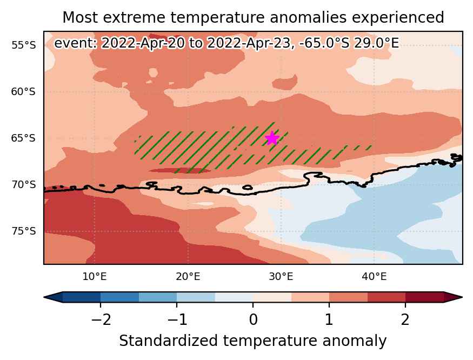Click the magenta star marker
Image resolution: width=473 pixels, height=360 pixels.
272,138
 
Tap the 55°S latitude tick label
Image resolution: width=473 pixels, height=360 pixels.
24,45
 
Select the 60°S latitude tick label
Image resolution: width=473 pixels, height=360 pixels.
24,91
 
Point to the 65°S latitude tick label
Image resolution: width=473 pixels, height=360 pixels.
24,138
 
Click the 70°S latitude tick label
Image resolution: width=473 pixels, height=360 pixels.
24,184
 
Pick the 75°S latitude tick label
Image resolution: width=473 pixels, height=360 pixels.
24,231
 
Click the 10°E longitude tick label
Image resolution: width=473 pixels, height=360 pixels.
95,276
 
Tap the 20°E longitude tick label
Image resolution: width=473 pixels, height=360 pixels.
188,276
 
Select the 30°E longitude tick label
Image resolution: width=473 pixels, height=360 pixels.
281,276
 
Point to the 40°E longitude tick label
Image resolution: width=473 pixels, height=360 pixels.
375,276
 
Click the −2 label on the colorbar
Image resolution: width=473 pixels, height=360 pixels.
101,319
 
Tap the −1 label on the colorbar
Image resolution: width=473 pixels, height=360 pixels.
177,319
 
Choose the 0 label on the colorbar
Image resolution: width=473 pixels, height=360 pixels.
253,319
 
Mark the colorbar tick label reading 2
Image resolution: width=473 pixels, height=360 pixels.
405,319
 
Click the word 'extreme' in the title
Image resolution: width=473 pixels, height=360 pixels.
135,17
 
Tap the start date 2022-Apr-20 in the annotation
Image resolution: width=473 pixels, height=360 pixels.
143,43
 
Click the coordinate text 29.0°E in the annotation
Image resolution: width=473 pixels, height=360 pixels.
376,43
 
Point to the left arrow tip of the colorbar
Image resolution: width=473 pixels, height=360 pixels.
44,297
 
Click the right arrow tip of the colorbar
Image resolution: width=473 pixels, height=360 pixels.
462,297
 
